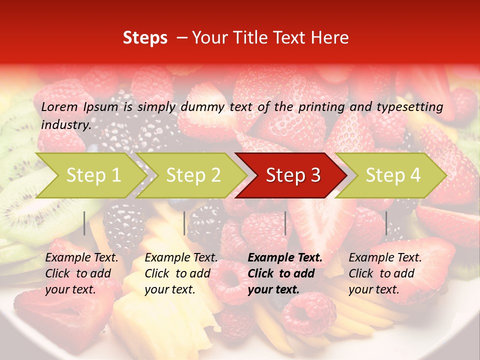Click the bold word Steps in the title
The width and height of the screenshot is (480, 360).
coord(145,38)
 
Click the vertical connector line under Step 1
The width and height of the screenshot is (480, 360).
coord(84,223)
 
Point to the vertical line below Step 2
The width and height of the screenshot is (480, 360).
coord(184,223)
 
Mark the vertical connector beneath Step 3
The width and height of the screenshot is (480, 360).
coord(285,223)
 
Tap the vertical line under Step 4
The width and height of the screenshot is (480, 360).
coord(386,223)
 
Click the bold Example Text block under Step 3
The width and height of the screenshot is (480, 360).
coord(285,273)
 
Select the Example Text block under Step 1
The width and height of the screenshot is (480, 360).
coord(81,273)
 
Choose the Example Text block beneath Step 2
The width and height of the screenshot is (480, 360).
coord(181,273)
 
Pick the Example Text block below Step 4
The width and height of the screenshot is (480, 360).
coord(385,273)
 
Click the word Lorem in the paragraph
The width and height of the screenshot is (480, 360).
coord(59,106)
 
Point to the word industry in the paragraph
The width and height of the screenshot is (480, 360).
coord(65,124)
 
